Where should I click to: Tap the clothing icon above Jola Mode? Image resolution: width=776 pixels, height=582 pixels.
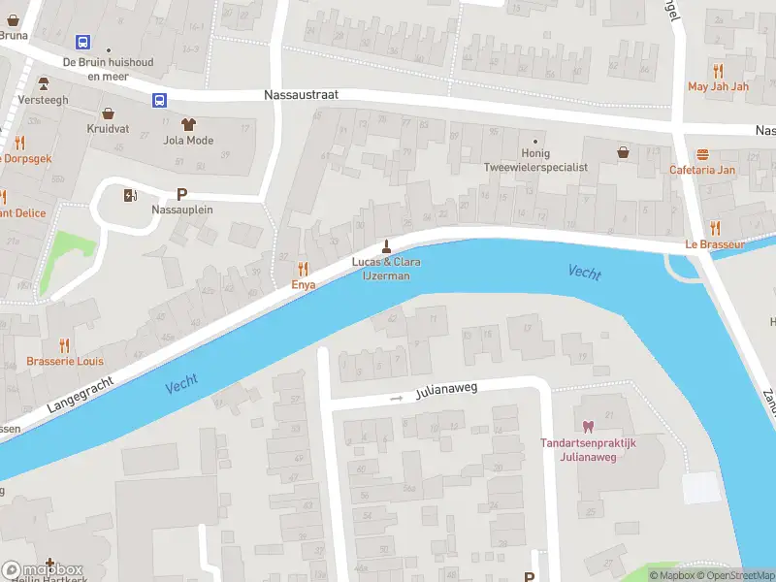[x=188, y=123]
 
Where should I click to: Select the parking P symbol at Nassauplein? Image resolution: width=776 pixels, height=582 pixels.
[x=181, y=194]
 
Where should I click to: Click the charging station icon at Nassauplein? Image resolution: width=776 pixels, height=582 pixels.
[x=131, y=195]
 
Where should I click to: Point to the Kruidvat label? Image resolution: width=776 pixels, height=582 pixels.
[x=108, y=128]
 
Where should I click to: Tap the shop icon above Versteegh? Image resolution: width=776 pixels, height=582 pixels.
[x=43, y=84]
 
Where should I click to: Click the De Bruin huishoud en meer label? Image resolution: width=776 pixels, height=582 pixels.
[x=107, y=68]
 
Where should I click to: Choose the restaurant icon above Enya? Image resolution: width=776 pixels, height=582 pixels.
[x=303, y=269]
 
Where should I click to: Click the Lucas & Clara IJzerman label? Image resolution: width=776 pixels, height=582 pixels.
[x=386, y=269]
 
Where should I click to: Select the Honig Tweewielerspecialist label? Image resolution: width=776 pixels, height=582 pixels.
[x=535, y=160]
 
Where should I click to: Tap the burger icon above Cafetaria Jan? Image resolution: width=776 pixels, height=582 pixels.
[x=702, y=154]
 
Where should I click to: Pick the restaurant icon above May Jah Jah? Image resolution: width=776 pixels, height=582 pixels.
[x=718, y=70]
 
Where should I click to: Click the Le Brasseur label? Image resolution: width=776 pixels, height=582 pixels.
[x=715, y=244]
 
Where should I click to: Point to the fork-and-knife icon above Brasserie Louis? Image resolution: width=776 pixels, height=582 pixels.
[x=64, y=344]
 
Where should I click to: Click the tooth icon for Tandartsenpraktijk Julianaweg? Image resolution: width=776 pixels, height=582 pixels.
[x=587, y=426]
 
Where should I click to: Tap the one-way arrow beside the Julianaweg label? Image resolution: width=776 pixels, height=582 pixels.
[x=396, y=398]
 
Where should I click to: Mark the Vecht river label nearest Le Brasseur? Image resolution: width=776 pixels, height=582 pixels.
[x=584, y=273]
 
